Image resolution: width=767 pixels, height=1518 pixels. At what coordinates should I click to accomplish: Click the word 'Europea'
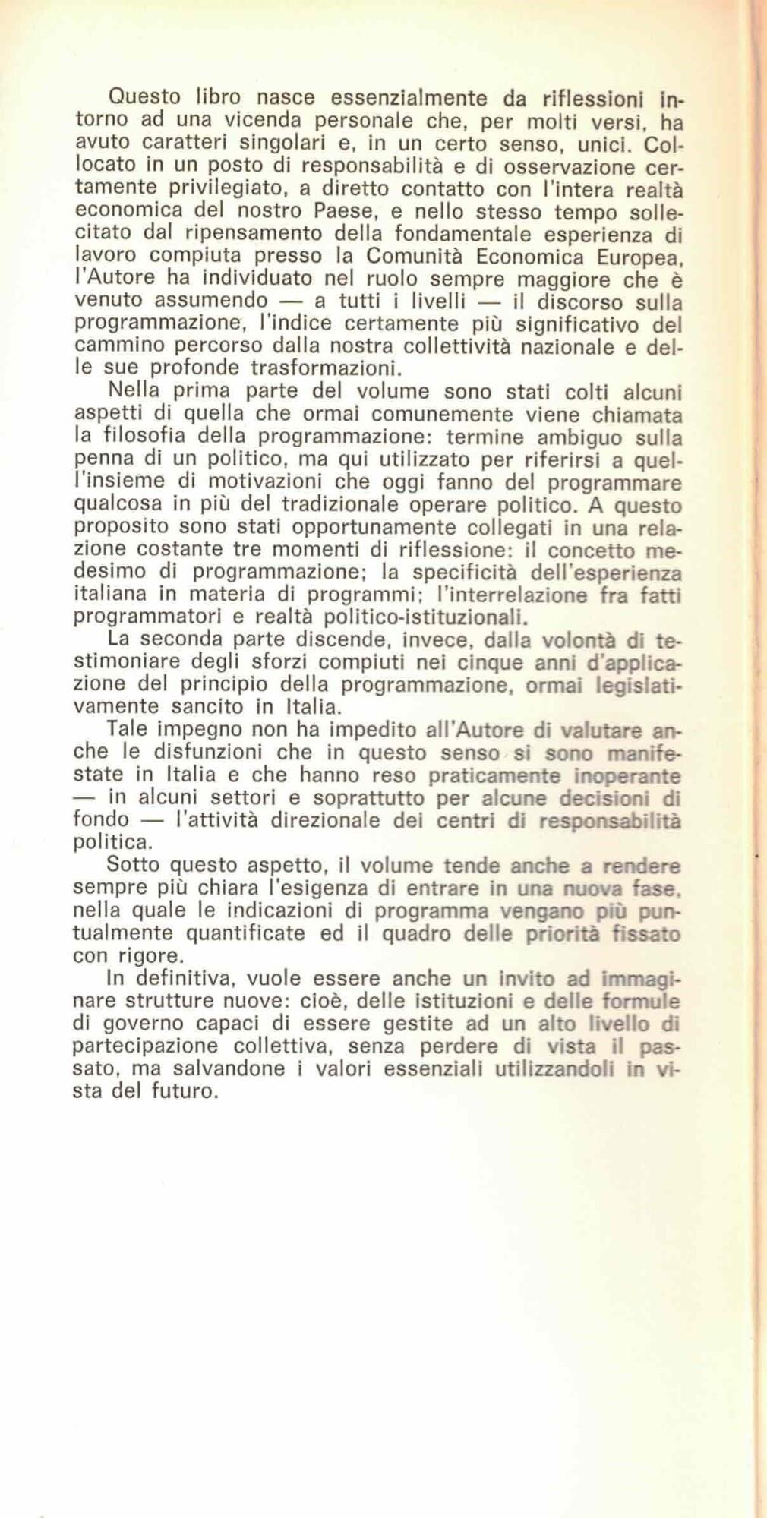(634, 257)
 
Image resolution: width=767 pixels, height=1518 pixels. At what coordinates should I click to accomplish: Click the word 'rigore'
(166, 955)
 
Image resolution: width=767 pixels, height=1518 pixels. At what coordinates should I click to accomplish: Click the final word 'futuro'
(183, 1091)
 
